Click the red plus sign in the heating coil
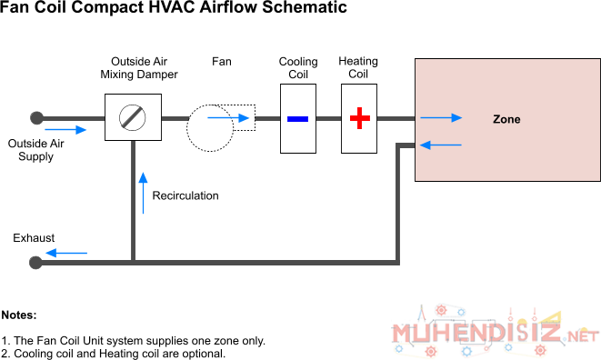[360, 118]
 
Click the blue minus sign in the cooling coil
[298, 119]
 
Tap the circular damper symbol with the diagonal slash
[132, 117]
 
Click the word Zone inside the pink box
[506, 119]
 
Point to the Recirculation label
[185, 195]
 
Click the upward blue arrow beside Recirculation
[143, 193]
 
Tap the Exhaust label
[34, 237]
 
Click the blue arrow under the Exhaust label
[66, 253]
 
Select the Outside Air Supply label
[35, 150]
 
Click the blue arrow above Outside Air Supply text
[65, 130]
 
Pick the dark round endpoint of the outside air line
[36, 118]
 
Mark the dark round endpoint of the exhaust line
[35, 263]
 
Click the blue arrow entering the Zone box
[441, 117]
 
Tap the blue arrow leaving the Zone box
[441, 145]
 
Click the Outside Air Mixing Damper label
[139, 68]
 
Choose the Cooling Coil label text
[298, 68]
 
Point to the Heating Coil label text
[358, 67]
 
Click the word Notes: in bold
[19, 315]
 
